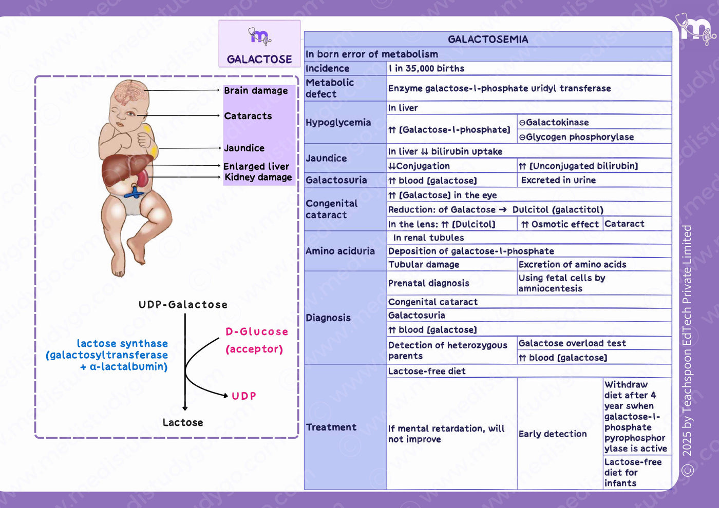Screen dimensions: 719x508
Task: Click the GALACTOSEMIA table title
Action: (488, 39)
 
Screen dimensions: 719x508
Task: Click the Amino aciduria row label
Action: (340, 251)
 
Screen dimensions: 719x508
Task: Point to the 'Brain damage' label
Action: (256, 90)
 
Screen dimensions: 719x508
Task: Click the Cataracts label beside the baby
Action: (248, 116)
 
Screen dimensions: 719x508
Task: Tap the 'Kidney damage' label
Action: (258, 177)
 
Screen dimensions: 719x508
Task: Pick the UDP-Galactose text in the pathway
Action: (183, 304)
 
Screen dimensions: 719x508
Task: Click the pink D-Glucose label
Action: (257, 331)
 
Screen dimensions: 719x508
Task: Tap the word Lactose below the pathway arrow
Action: (183, 422)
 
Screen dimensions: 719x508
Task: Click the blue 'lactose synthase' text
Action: (122, 343)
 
